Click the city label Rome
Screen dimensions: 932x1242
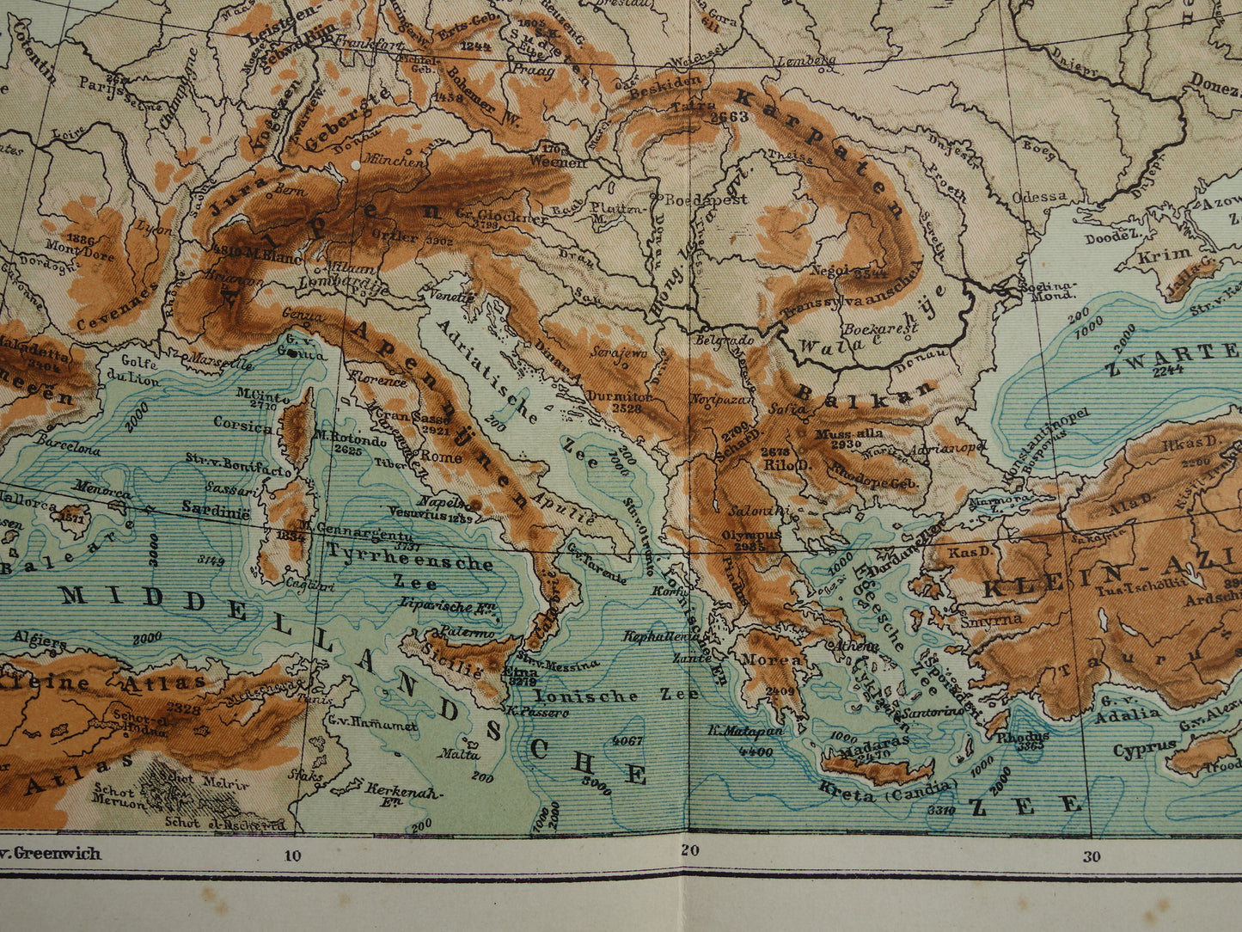coord(441,457)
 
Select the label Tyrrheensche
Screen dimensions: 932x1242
coord(409,563)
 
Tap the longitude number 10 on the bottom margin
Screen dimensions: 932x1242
coord(292,855)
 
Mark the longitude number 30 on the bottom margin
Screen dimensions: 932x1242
coord(1091,855)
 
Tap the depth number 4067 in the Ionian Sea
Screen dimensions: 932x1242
coord(629,739)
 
